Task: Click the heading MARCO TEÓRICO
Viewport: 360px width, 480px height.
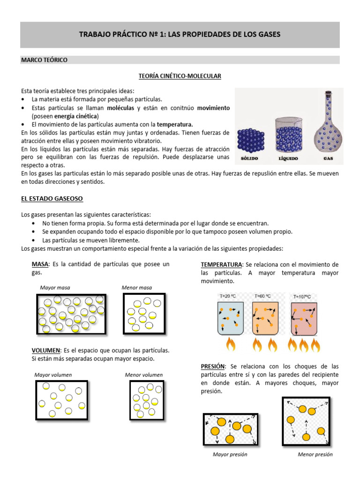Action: pos(45,60)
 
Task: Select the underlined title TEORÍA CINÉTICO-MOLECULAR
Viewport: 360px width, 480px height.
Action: pos(180,75)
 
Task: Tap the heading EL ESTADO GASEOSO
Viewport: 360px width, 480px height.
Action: pos(52,199)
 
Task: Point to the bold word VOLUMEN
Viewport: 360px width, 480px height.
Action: pos(45,350)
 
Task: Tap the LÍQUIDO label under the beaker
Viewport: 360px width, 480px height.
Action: pos(289,159)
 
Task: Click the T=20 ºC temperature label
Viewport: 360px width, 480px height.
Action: pos(228,296)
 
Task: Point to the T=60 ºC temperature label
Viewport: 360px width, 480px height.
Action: pos(263,296)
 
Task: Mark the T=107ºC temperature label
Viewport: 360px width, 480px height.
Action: pos(302,297)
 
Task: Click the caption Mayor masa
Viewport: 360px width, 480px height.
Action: pos(55,287)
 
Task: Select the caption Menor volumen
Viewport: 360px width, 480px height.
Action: pos(143,375)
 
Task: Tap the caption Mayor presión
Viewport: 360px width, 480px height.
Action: pos(230,454)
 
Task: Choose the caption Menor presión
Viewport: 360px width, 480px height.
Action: pos(315,454)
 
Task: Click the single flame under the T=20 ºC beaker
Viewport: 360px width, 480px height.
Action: pos(230,345)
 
